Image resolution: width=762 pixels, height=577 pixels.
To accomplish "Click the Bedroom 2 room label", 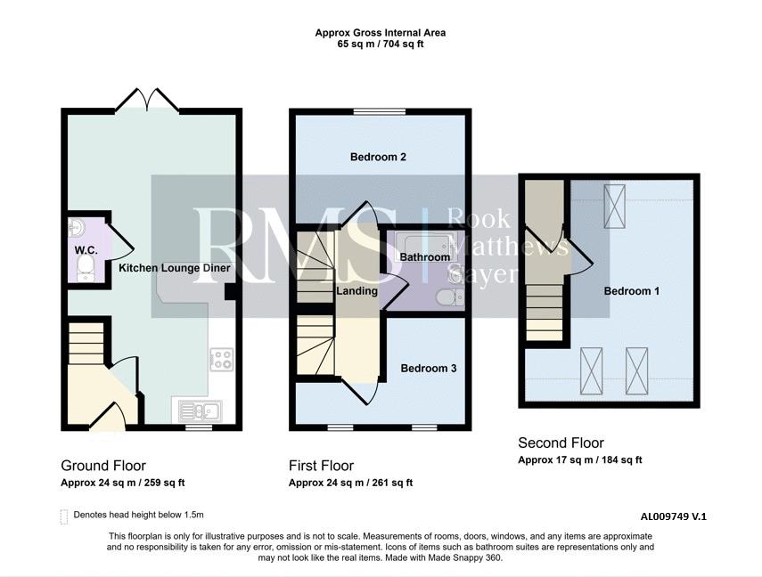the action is click(378, 157).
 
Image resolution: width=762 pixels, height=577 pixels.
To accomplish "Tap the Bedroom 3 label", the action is click(429, 368).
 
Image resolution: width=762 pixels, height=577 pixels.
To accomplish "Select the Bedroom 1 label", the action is click(632, 291).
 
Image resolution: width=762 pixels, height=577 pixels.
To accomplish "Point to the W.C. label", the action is click(86, 250).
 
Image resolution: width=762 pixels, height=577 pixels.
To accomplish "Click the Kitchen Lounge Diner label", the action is click(175, 268).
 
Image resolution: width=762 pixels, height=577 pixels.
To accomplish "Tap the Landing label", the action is click(357, 291).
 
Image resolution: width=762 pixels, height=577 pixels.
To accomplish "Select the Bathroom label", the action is click(425, 257).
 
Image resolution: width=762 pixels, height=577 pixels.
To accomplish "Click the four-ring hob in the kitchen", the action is click(222, 360).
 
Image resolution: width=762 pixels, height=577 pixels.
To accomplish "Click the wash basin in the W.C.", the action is click(77, 227).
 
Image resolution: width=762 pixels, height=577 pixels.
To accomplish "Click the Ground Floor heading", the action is click(103, 466).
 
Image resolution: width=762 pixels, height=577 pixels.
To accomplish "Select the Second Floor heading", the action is click(561, 443).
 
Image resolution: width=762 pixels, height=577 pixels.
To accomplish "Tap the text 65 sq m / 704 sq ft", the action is click(381, 45).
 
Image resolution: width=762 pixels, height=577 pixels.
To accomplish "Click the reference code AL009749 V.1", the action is click(674, 516).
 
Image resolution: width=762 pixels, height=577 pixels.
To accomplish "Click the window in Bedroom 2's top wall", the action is click(380, 111).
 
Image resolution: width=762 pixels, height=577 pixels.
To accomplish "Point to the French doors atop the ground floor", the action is click(147, 100).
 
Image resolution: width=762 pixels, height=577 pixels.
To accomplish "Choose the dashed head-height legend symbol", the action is click(63, 516).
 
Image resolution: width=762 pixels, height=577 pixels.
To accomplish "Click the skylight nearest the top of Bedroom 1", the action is click(615, 206).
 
